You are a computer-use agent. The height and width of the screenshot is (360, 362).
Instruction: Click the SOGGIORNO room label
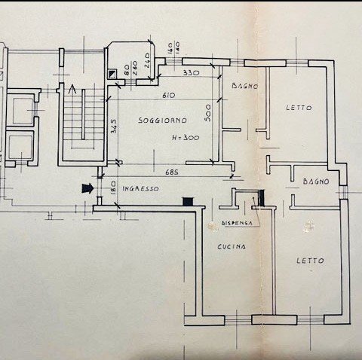point(162,121)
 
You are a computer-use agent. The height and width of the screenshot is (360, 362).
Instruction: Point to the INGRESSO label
point(140,188)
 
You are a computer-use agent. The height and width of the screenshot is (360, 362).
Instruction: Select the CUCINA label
point(230,247)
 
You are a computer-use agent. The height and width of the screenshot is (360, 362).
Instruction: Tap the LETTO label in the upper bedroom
point(299,108)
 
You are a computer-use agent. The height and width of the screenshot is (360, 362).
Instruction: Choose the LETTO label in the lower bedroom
point(311,261)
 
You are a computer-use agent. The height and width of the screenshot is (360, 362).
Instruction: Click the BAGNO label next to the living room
point(244,87)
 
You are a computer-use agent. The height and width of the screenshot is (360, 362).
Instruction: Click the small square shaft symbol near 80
point(113,74)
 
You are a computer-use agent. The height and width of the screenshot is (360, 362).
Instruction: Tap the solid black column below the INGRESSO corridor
point(189,201)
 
